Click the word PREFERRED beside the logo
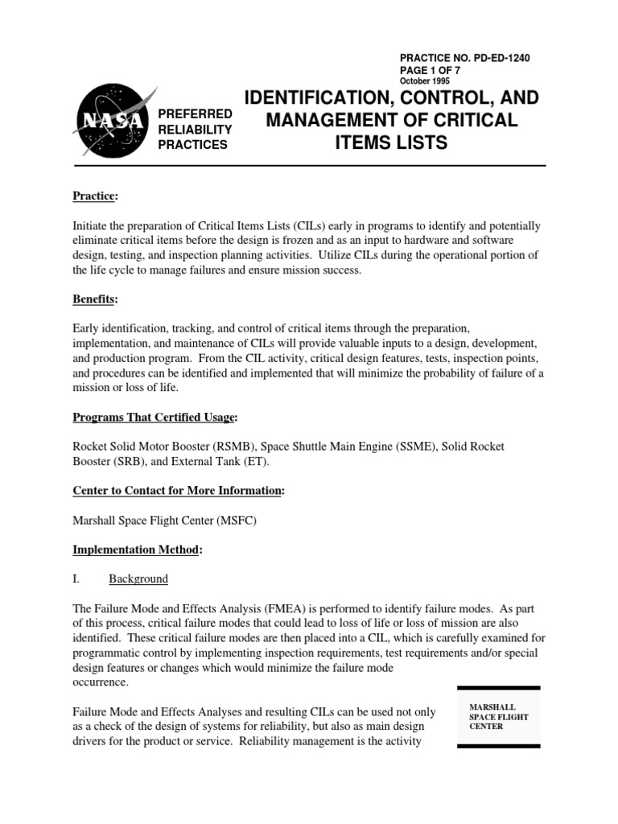click(x=196, y=114)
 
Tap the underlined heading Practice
click(x=94, y=196)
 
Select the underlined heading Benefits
click(x=94, y=299)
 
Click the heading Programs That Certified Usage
click(x=154, y=417)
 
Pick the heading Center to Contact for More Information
click(x=177, y=491)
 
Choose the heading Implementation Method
click(x=137, y=550)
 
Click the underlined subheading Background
click(x=138, y=579)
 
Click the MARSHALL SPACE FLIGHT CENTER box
click(x=498, y=716)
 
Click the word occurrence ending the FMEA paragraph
click(x=101, y=682)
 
